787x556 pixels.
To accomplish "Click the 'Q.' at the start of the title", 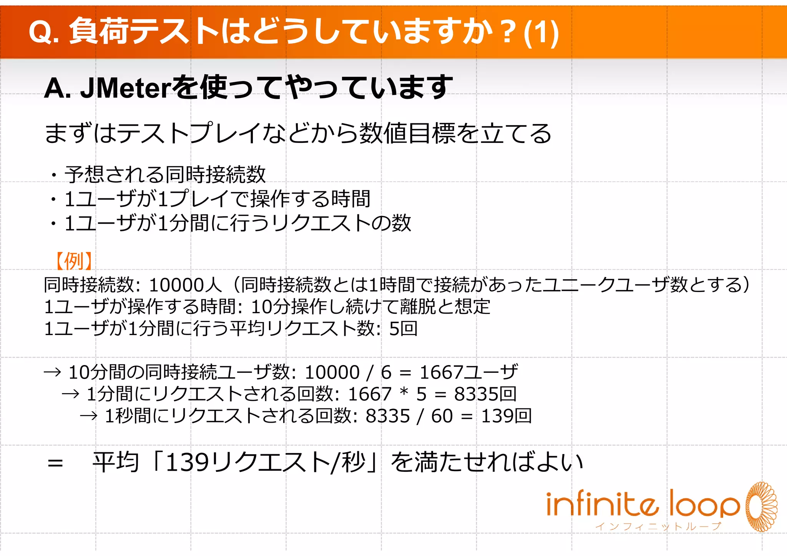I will click(43, 32).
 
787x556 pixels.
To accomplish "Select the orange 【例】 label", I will click(73, 261).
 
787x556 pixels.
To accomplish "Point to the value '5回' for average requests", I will click(403, 329).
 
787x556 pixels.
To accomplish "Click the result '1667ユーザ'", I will click(468, 372).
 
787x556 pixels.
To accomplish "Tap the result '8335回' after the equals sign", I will click(485, 394).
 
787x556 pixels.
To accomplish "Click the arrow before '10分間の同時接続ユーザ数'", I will click(53, 372).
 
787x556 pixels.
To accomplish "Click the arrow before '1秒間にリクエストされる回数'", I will click(89, 416).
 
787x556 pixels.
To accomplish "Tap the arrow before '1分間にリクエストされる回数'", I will click(71, 394).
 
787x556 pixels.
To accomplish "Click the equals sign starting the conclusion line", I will click(55, 463).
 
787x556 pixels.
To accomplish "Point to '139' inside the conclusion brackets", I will click(187, 462).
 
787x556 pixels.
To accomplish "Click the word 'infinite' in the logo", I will click(601, 503).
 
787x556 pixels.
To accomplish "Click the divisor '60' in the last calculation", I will click(442, 416).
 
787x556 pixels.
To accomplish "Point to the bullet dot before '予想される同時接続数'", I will click(54, 176).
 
